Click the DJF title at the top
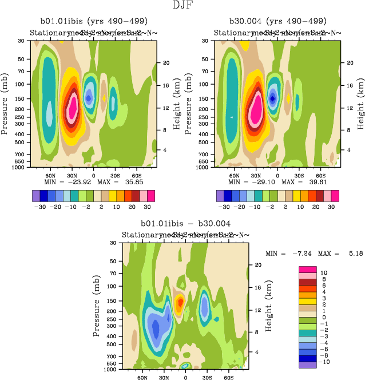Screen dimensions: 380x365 (x=182, y=6)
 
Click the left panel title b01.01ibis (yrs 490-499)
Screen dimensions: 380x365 (x=92, y=21)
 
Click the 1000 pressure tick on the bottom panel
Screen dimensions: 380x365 (x=112, y=370)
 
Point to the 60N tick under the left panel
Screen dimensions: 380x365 (x=50, y=175)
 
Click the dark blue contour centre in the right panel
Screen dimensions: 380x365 (x=272, y=98)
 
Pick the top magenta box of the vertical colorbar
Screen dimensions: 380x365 (x=308, y=269)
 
